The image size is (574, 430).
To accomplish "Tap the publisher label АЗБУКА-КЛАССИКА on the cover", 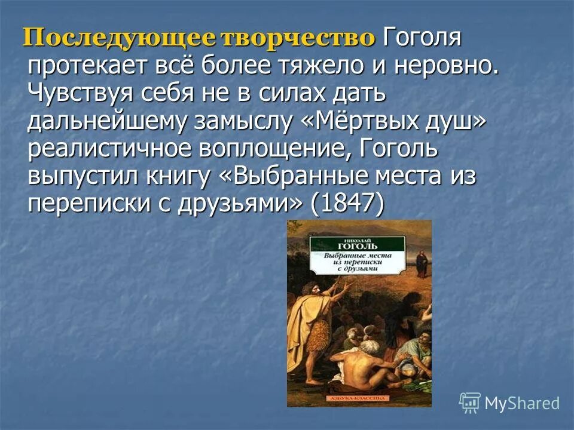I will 358,398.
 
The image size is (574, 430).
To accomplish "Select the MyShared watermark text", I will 522,403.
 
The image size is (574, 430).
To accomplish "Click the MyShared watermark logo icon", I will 469,403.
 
